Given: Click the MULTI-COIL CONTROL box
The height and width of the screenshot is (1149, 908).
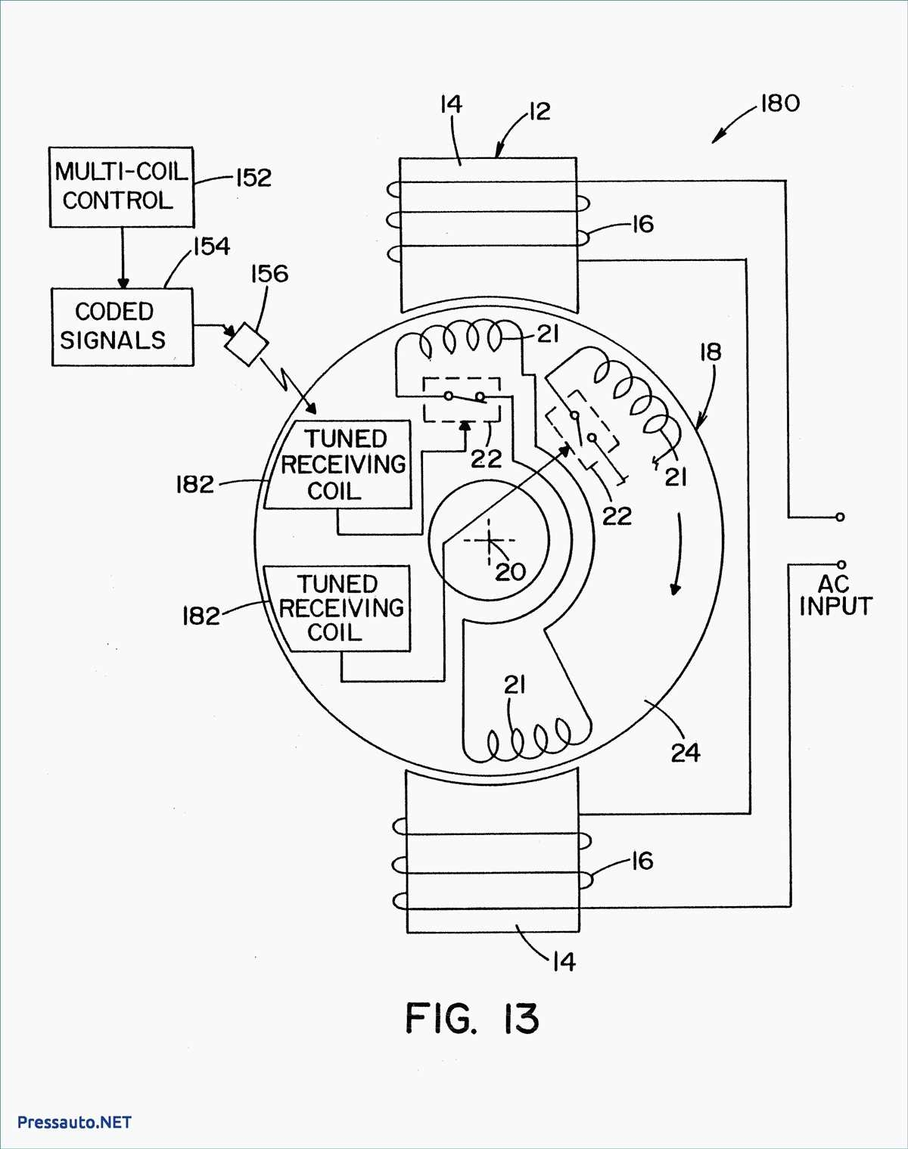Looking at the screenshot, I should point(121,187).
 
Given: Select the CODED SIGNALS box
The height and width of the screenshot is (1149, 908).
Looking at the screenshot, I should point(122,327).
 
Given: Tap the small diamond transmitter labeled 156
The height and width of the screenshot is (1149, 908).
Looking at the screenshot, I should point(247,344).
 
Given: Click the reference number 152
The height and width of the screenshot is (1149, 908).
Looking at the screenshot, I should point(253,178).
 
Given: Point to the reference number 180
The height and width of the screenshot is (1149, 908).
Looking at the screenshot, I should point(779,104).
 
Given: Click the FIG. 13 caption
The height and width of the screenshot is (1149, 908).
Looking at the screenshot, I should point(472,1018).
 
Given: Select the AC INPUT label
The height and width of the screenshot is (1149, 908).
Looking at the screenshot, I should point(835,595).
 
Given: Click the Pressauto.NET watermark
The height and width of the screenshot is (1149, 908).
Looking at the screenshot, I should point(74,1122).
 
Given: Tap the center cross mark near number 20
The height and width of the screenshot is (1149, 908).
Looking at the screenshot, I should point(489,540).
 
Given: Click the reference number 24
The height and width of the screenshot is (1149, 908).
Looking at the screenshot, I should point(686,753).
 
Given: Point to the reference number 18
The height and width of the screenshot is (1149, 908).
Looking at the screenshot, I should point(710,352).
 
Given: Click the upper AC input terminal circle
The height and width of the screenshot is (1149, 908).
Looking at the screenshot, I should point(840,517).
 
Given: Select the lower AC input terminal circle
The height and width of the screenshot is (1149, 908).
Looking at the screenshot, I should point(841,564).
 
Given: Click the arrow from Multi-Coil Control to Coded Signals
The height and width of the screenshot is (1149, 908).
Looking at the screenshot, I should point(123,257).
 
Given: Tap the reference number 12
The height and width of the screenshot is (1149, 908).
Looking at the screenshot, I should point(538,112).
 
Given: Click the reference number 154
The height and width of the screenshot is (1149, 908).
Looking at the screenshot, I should point(211,247).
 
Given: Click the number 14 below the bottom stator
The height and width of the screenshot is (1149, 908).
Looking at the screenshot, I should point(563,962).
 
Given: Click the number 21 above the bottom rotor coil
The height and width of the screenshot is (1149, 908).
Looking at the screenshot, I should point(515,685).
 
